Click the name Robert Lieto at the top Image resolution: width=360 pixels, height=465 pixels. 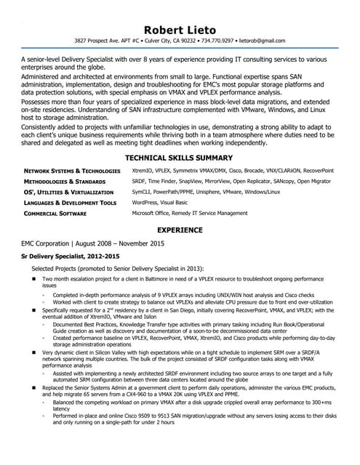click(x=179, y=29)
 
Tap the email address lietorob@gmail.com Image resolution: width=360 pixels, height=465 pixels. click(x=260, y=41)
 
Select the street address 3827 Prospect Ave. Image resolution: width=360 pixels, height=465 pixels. click(x=108, y=41)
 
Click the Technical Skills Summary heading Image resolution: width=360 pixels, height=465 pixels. click(x=179, y=158)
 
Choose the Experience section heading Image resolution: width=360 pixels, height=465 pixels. click(x=179, y=230)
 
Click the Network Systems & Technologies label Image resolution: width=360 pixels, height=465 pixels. click(x=72, y=171)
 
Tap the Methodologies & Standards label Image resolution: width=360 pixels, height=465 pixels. click(x=65, y=182)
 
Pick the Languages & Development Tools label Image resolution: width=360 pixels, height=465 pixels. click(x=70, y=203)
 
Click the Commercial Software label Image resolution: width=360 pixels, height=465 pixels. click(x=55, y=214)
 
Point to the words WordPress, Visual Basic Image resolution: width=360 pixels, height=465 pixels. click(x=160, y=203)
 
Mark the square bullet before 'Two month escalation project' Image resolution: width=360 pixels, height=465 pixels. click(x=33, y=279)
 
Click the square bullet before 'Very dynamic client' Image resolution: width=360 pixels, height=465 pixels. click(x=33, y=352)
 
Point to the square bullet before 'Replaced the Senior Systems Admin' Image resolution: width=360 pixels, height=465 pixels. click(x=33, y=389)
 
